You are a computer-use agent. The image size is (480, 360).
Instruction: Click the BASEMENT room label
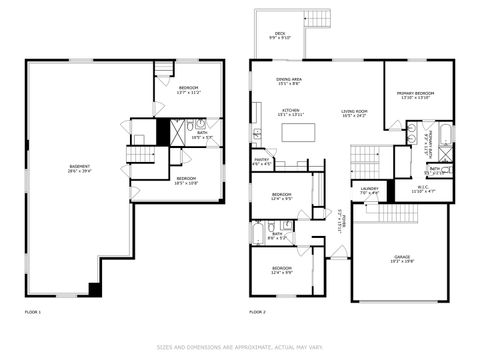79,168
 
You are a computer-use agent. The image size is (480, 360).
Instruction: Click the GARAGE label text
403,260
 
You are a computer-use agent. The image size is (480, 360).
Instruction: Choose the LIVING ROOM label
355,113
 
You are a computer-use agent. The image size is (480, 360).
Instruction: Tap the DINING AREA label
290,81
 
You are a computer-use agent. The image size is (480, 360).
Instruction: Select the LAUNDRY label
369,189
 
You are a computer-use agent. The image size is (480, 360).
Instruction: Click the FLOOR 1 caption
33,313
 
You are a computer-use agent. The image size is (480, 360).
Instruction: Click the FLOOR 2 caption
258,313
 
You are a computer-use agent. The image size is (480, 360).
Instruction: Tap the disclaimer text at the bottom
240,347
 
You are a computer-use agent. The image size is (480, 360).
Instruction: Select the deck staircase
317,20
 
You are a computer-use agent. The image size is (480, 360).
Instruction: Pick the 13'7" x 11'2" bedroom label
189,91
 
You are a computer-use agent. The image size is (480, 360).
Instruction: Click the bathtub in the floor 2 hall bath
258,236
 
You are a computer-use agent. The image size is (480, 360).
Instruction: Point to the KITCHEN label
291,112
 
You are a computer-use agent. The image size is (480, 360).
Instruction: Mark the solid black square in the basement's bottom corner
95,290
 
